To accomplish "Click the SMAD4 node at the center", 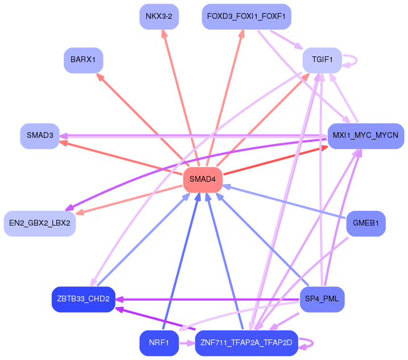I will point(203,179).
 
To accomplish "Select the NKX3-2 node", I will point(159,16).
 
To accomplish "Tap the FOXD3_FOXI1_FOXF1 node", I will point(246,16).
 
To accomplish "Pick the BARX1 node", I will point(83,60).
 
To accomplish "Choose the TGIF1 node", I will point(322,60).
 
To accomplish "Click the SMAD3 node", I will point(40,136).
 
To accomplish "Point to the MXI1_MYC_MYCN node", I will point(366,136).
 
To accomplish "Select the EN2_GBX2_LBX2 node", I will point(40,223).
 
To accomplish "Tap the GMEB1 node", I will point(366,223).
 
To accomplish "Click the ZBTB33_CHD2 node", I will point(83,299).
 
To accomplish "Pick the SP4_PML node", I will point(322,299).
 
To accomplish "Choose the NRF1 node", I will point(159,343).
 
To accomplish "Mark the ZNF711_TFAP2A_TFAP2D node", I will point(246,343).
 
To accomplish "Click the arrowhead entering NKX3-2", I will point(164,34).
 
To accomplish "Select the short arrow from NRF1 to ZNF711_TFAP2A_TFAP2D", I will point(186,343).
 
